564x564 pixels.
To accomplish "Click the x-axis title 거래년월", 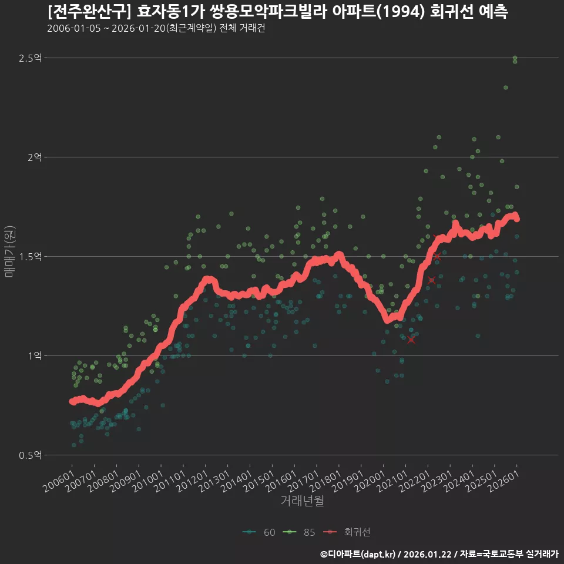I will pyautogui.click(x=302, y=501).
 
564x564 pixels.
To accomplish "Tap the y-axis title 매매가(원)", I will pyautogui.click(x=9, y=251).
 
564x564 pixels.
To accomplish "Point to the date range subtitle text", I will pyautogui.click(x=156, y=29).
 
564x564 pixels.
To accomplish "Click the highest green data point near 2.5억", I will pyautogui.click(x=515, y=58).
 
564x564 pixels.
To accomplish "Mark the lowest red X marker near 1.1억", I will pyautogui.click(x=411, y=340).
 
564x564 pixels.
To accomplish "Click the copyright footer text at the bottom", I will pyautogui.click(x=439, y=553).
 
